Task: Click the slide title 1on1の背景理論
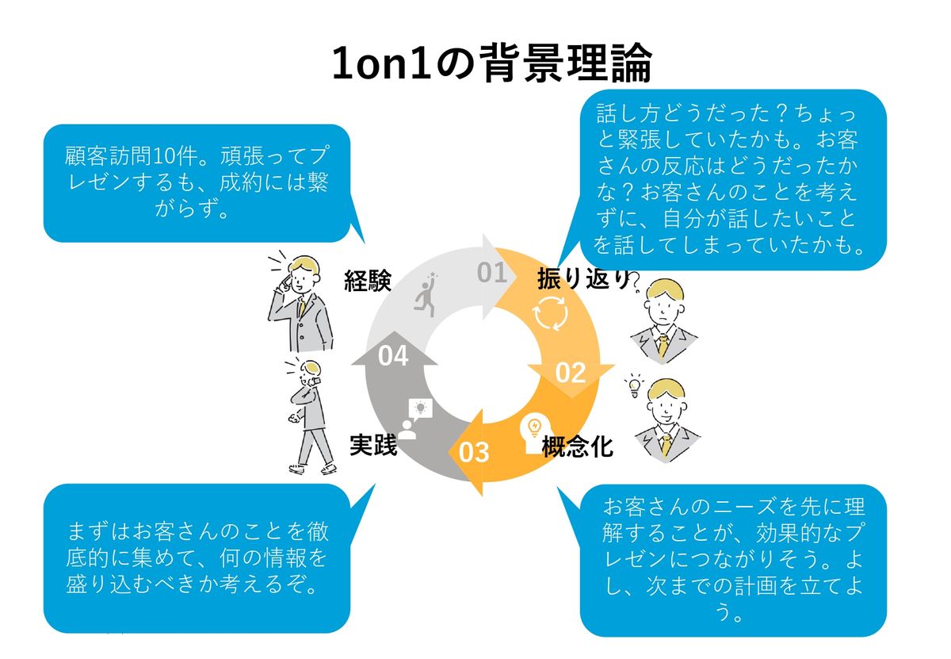pyautogui.click(x=491, y=63)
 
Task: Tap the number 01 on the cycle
pyautogui.click(x=491, y=273)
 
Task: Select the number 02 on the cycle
pyautogui.click(x=570, y=372)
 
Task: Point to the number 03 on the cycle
pyautogui.click(x=474, y=452)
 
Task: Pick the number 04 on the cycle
pyautogui.click(x=393, y=356)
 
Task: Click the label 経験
pyautogui.click(x=369, y=282)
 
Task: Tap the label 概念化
pyautogui.click(x=577, y=447)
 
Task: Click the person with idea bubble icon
pyautogui.click(x=414, y=419)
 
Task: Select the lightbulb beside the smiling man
pyautogui.click(x=633, y=385)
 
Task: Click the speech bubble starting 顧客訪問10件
pyautogui.click(x=197, y=182)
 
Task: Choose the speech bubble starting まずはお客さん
pyautogui.click(x=197, y=557)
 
